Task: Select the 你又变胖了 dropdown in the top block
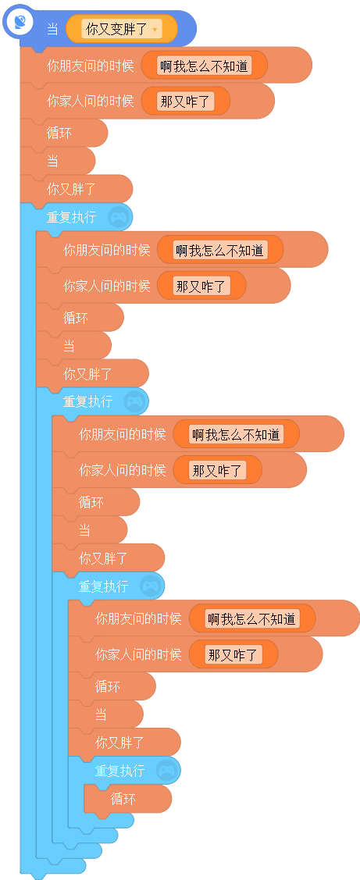point(122,29)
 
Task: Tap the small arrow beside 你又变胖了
point(155,30)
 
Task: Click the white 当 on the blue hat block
point(52,29)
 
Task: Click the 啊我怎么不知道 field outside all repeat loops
point(204,66)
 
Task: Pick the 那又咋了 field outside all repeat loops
point(185,101)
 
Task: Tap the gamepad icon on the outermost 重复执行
point(119,216)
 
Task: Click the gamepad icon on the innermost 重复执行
point(167,771)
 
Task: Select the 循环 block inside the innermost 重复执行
point(127,799)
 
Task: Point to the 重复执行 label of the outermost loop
point(71,216)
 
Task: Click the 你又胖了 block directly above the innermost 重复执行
point(124,743)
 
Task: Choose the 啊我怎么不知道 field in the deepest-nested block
point(251,619)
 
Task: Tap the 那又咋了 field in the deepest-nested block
point(233,654)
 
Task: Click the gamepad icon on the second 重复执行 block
point(135,401)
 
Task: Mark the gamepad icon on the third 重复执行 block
point(151,586)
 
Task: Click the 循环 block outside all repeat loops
point(63,133)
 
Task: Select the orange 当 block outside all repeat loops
point(57,161)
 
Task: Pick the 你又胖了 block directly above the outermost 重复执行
point(77,189)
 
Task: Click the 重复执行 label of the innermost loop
point(119,771)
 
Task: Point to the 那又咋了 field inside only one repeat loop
point(201,286)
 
